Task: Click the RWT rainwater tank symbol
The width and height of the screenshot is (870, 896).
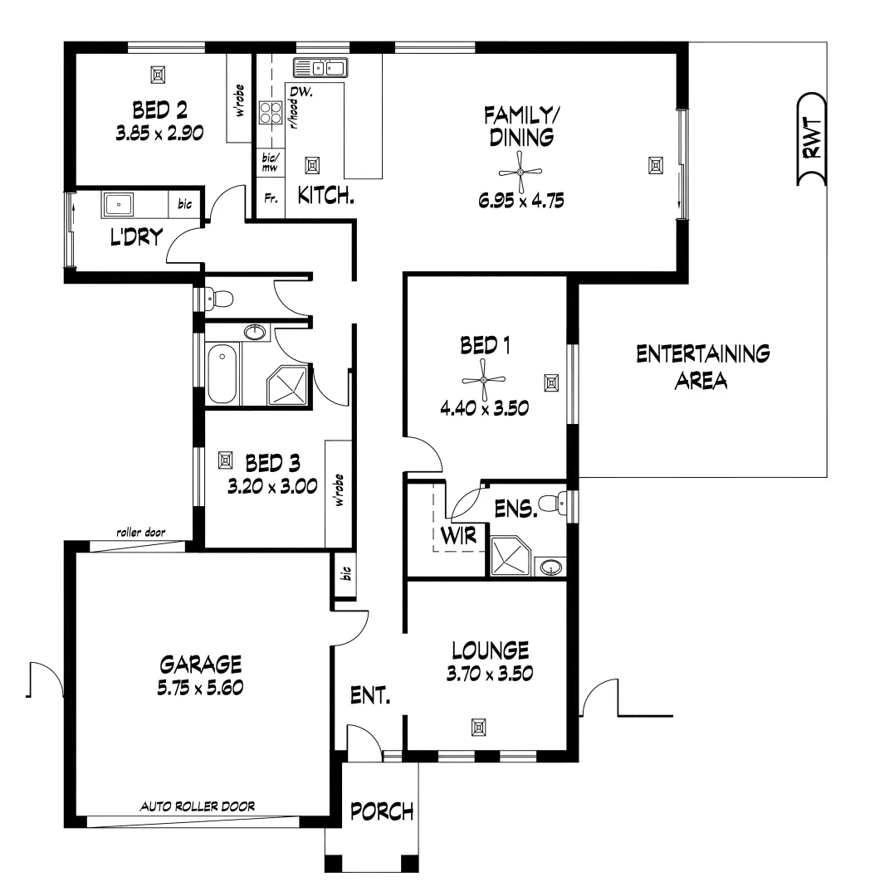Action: (812, 139)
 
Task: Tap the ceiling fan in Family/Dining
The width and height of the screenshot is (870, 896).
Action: (520, 172)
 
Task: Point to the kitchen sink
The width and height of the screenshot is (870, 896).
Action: (320, 68)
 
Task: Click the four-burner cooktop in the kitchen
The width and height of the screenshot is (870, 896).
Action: (271, 112)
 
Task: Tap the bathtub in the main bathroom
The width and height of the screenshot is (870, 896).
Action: (222, 376)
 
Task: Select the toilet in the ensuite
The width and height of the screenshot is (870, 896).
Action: (550, 503)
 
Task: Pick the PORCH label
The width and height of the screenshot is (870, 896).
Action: (381, 811)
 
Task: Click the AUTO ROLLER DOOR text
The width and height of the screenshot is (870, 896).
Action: (197, 805)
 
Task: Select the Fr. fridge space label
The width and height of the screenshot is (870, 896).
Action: (270, 198)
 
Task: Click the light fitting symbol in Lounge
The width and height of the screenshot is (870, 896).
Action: (478, 728)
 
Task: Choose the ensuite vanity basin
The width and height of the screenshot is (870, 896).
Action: (549, 567)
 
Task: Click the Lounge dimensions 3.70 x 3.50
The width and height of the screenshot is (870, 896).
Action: (488, 673)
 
